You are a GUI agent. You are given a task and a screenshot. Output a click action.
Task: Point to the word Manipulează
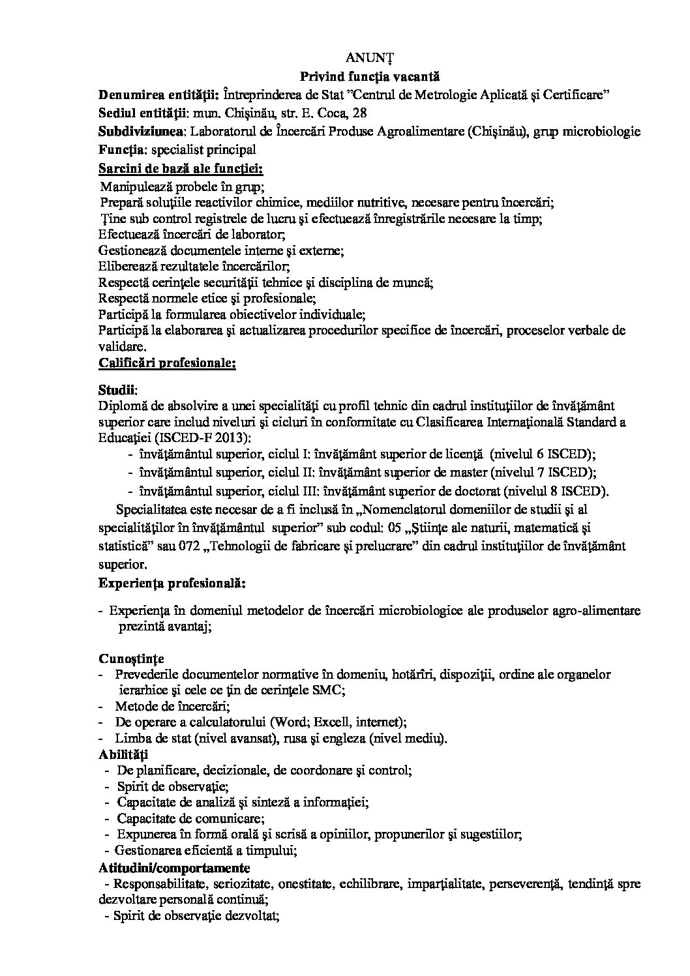tap(134, 187)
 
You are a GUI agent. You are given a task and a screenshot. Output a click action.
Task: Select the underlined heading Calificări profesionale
tap(167, 362)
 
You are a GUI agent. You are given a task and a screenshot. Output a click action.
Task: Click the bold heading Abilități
tap(123, 754)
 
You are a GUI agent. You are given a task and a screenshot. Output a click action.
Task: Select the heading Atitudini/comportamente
tap(174, 868)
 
